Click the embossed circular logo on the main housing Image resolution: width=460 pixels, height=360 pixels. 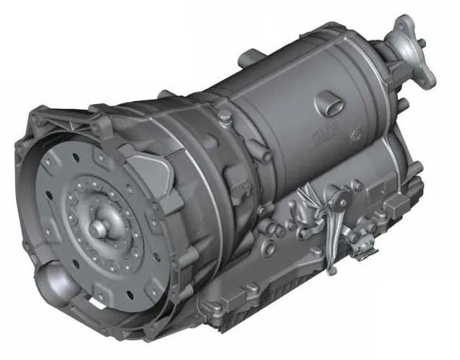tap(357, 133)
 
